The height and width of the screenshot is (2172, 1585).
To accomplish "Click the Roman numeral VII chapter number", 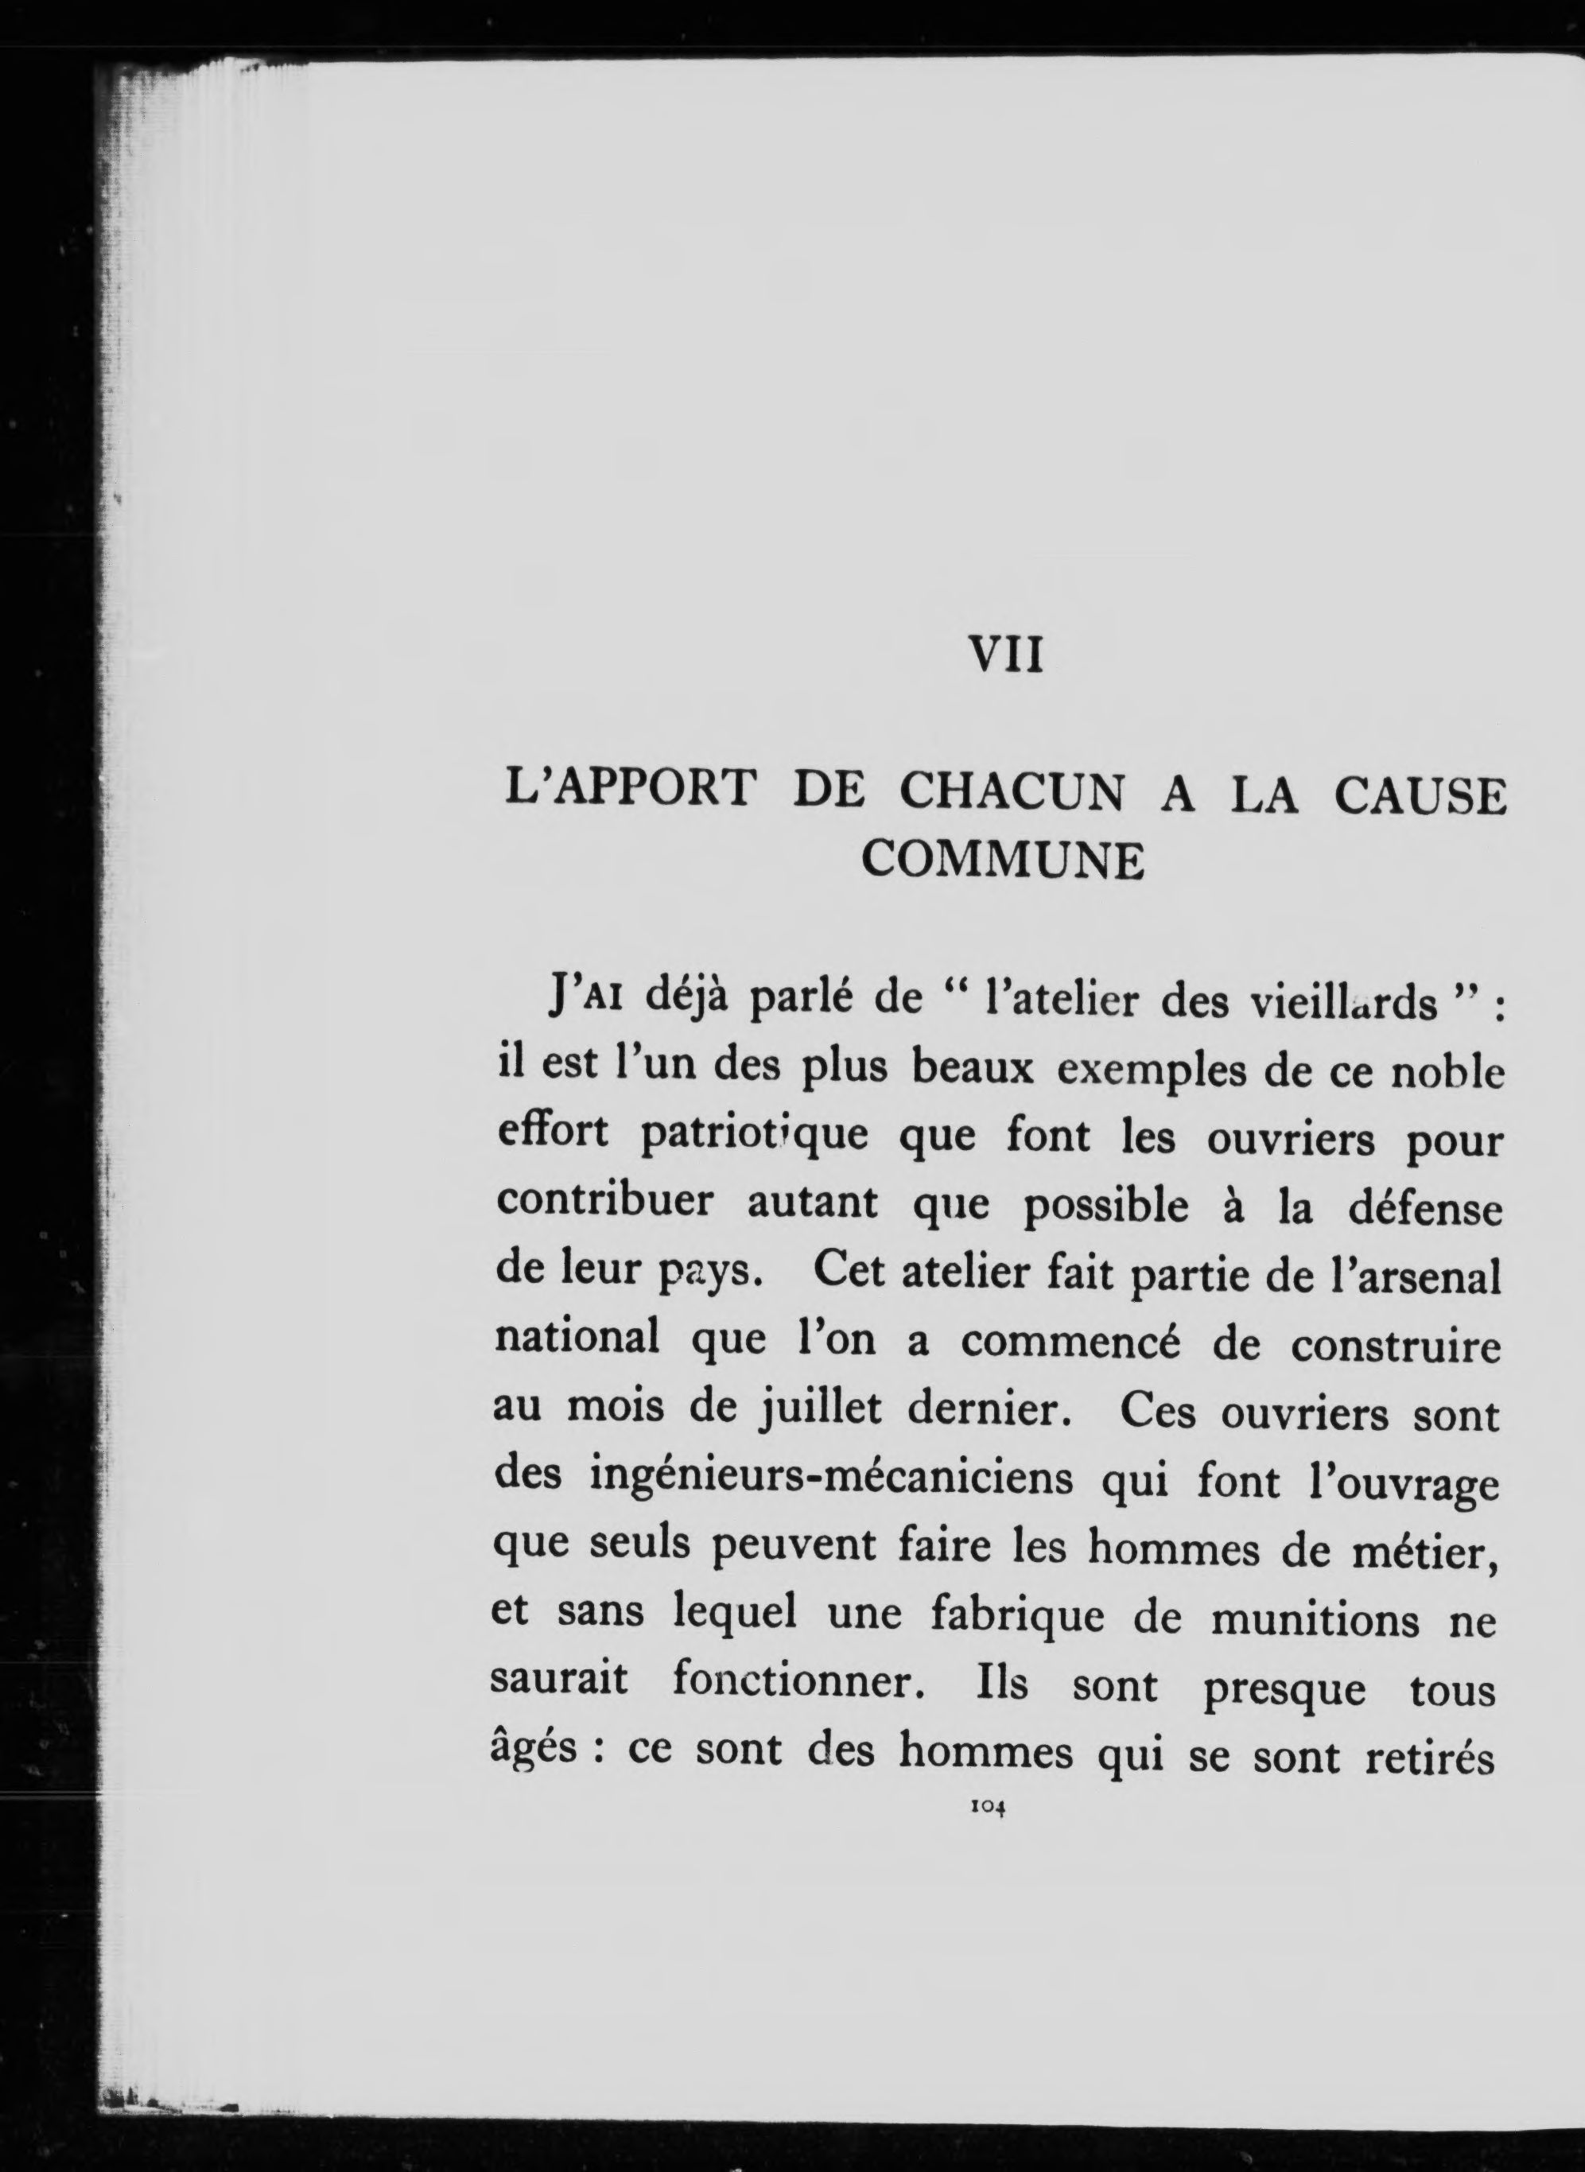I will click(x=1004, y=659).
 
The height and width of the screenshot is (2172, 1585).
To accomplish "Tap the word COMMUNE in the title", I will click(x=1003, y=861).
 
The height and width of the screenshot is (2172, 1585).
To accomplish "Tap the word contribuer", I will click(x=604, y=1202).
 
